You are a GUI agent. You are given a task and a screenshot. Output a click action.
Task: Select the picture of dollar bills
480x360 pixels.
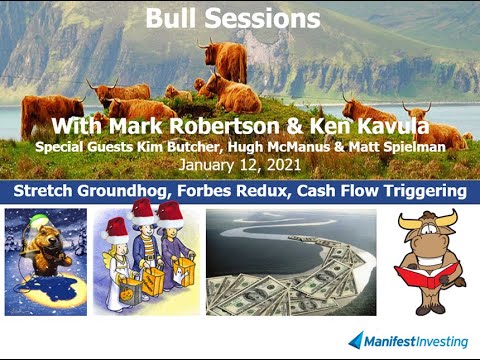point(291,262)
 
